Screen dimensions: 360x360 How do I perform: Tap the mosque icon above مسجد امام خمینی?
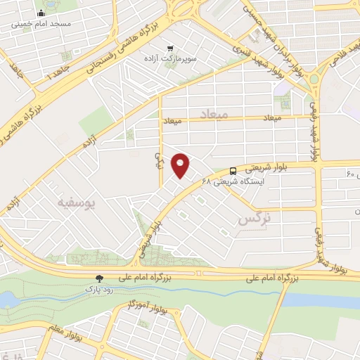click(40, 13)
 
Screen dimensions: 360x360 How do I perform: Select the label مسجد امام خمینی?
click(40, 23)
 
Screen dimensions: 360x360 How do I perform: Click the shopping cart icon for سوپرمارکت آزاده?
click(169, 48)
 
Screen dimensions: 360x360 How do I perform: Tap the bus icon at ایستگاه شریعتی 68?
click(233, 170)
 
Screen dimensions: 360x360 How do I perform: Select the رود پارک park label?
click(99, 289)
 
